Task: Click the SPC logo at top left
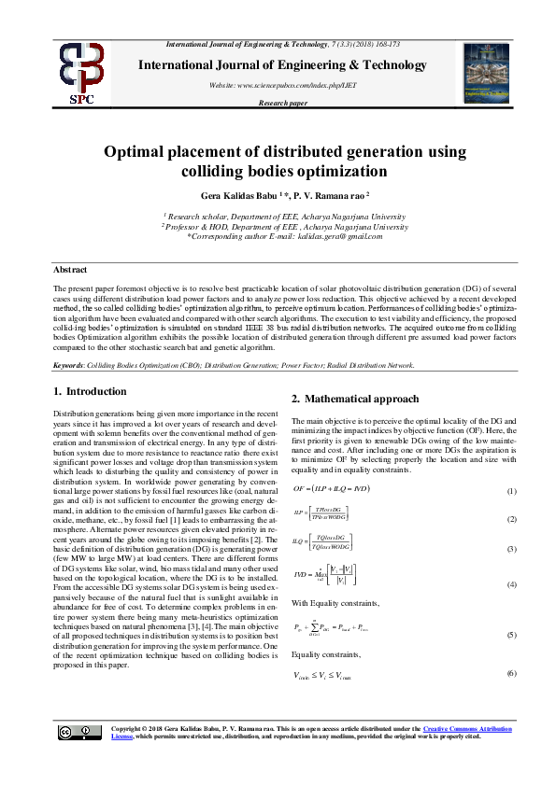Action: pos(81,72)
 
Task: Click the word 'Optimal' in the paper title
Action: pos(143,151)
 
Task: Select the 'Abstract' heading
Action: pos(70,270)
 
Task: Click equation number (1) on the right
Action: pos(511,491)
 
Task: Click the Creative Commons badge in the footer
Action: pos(74,758)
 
